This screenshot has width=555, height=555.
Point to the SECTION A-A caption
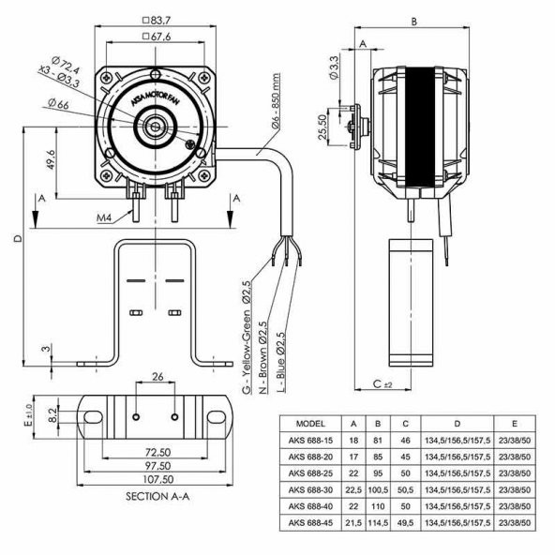157,495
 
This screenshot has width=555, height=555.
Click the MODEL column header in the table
310,423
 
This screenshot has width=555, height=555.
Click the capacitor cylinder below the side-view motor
410,300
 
